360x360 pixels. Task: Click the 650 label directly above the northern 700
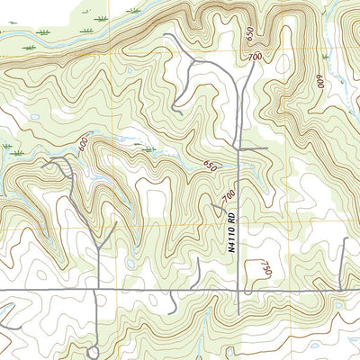pos(249,32)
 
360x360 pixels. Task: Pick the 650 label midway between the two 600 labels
pos(211,166)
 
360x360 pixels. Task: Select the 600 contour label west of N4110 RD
pos(84,144)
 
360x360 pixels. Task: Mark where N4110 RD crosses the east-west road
pos(238,291)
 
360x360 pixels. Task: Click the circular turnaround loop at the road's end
pos(94,351)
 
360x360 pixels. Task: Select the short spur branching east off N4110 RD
pos(254,148)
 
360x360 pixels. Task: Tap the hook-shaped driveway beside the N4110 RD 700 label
pos(219,209)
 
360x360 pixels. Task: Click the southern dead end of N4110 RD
pos(238,315)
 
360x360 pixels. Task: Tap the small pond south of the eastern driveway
pos(339,304)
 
